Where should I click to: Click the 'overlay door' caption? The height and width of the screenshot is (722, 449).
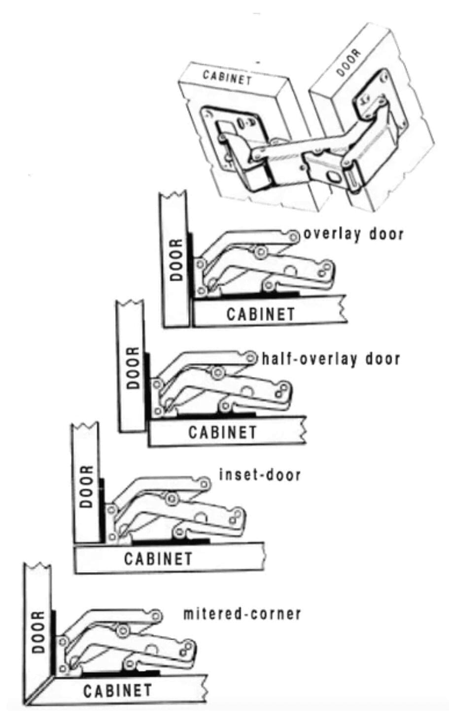click(x=353, y=234)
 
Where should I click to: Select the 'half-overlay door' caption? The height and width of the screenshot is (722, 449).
click(x=331, y=358)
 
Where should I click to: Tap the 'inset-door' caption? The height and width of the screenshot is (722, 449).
click(x=259, y=475)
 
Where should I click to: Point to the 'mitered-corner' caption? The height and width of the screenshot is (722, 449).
click(x=242, y=614)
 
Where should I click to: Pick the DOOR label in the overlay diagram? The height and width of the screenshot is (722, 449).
click(x=176, y=260)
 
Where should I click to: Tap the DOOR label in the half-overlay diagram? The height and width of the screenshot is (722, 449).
click(x=133, y=368)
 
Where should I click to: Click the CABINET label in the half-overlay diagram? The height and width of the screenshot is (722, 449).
click(x=222, y=433)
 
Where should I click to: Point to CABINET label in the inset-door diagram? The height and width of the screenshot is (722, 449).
click(x=158, y=559)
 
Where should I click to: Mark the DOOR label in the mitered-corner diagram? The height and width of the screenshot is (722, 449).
click(x=38, y=632)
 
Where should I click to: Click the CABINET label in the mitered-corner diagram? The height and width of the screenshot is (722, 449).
click(x=117, y=690)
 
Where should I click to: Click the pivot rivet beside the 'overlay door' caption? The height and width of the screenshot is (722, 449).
click(x=294, y=237)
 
